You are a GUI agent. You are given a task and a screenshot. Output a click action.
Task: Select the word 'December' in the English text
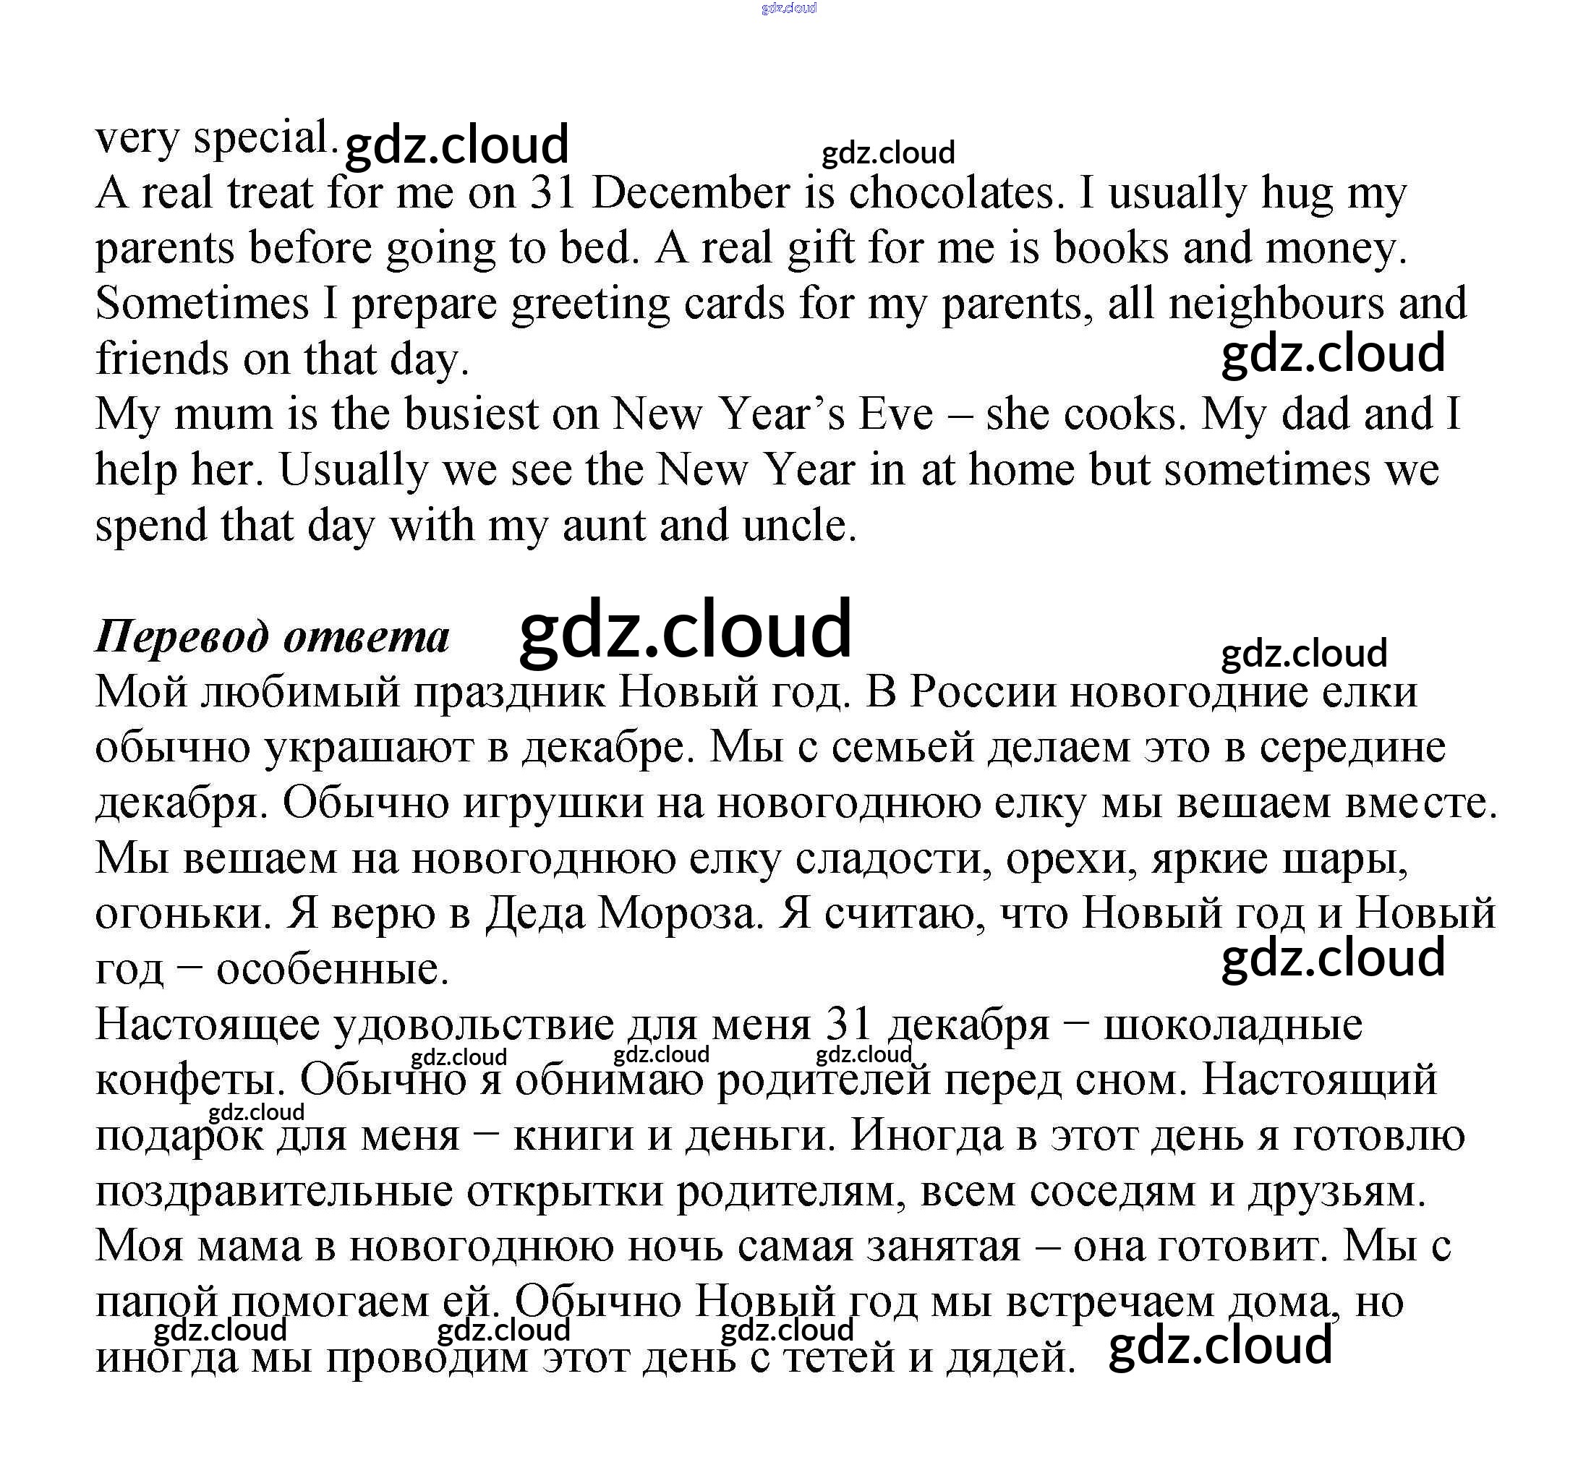pyautogui.click(x=691, y=193)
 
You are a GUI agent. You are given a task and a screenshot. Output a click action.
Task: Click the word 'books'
pyautogui.click(x=1112, y=249)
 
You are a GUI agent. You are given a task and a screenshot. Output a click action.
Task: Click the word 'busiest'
pyautogui.click(x=472, y=414)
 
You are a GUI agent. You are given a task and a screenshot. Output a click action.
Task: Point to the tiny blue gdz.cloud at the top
pyautogui.click(x=788, y=9)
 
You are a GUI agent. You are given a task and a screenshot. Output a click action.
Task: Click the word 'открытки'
pyautogui.click(x=564, y=1192)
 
